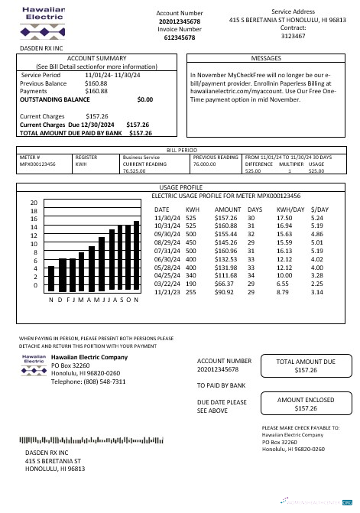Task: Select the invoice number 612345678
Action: tap(180, 37)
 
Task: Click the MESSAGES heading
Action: tap(266, 57)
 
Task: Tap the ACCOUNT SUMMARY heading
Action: tap(97, 58)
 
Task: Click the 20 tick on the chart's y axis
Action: tap(34, 203)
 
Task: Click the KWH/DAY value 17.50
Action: tap(285, 218)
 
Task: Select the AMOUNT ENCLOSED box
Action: tap(305, 405)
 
